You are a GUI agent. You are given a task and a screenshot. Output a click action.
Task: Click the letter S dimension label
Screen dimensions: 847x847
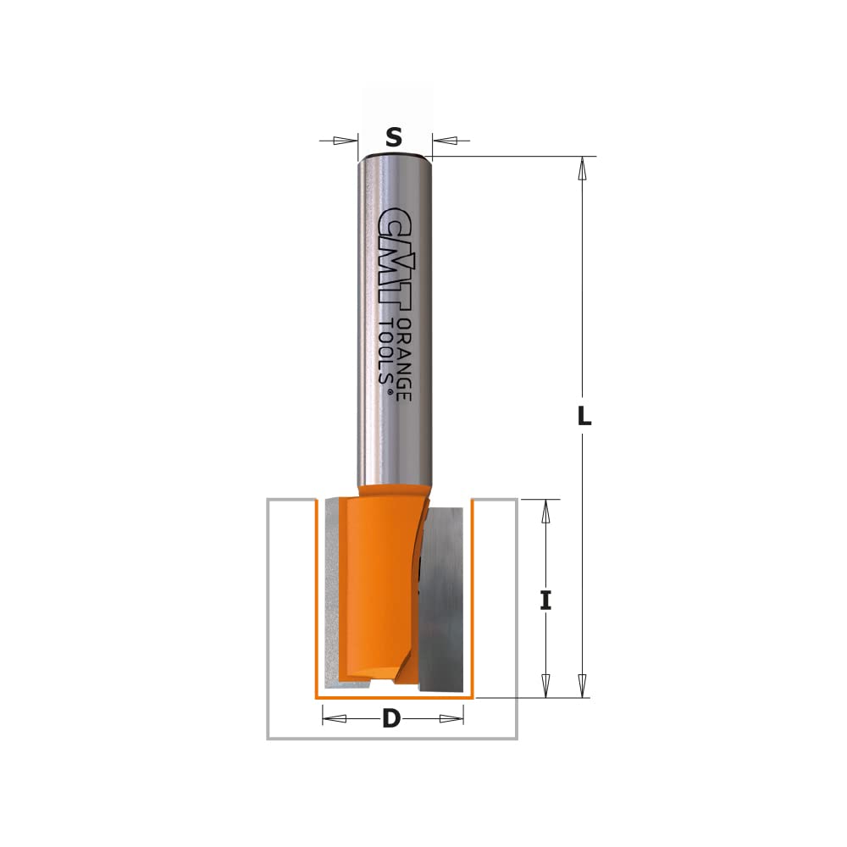click(x=394, y=137)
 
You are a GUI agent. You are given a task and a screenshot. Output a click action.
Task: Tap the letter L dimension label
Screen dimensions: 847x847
click(x=584, y=416)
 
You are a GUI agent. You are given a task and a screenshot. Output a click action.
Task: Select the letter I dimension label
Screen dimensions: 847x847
click(x=545, y=601)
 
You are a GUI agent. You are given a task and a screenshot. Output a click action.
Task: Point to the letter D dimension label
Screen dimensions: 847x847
click(x=391, y=718)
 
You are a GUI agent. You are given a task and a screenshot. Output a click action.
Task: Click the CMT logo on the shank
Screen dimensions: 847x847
click(x=395, y=260)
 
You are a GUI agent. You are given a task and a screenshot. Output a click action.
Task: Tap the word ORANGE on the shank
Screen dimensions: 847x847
click(x=404, y=359)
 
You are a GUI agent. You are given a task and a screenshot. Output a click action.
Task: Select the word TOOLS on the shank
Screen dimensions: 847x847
click(x=385, y=352)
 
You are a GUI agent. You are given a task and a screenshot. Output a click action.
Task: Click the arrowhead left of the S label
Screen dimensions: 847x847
click(x=345, y=141)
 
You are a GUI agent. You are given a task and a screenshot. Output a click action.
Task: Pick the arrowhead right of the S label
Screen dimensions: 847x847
click(x=446, y=141)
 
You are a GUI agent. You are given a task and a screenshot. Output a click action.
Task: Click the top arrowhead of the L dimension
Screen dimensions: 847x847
click(x=583, y=169)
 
